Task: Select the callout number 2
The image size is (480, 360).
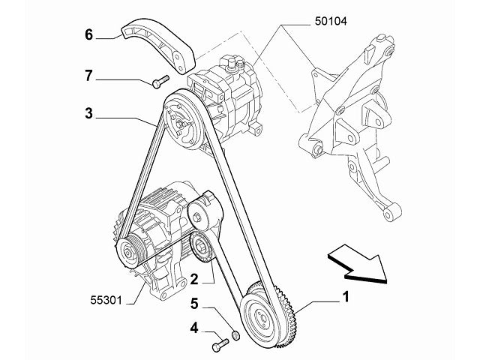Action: click(x=193, y=279)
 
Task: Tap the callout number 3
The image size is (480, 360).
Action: click(x=88, y=114)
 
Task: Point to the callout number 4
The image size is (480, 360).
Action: click(x=193, y=327)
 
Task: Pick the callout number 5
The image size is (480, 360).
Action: click(x=193, y=304)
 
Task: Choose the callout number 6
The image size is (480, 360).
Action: click(x=88, y=34)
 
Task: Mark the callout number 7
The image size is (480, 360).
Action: click(x=88, y=75)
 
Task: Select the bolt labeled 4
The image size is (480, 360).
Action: click(x=218, y=345)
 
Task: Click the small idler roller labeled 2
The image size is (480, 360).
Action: click(x=202, y=245)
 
